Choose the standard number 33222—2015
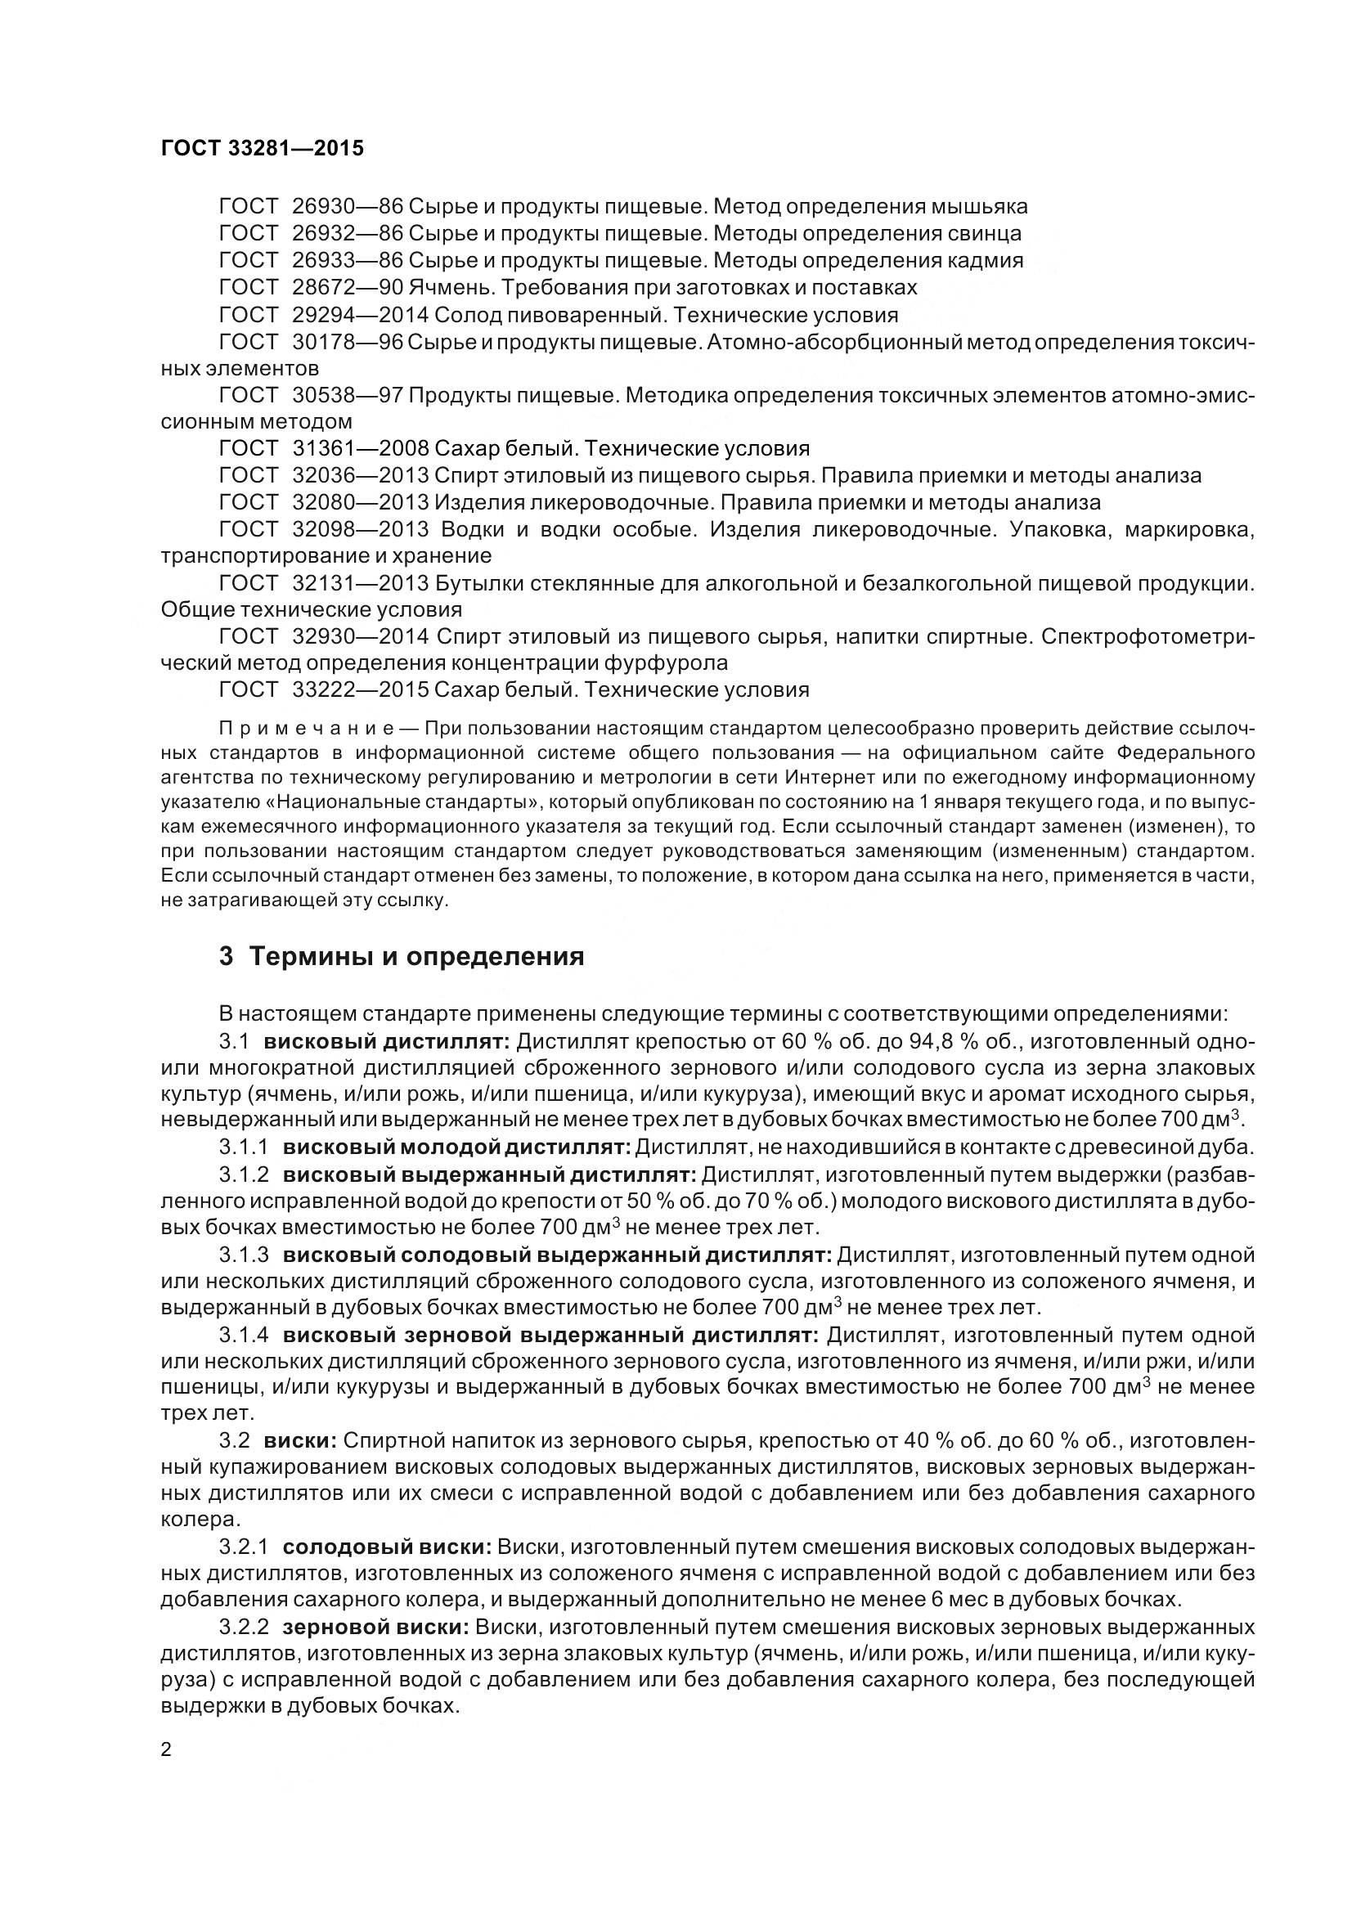pos(361,690)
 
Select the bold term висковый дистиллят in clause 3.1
pos(386,1041)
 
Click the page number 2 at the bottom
pos(166,1747)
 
